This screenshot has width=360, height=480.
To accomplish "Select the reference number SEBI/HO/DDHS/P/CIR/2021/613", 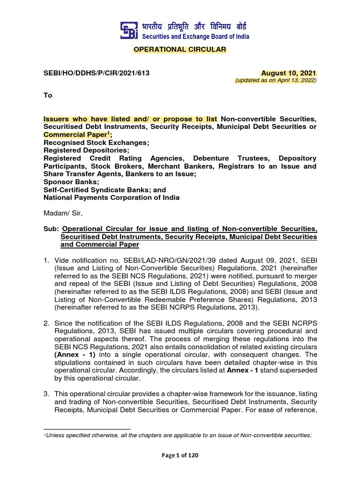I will click(97, 73).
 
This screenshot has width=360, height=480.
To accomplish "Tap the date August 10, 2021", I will click(289, 73).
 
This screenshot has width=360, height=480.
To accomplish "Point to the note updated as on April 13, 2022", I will click(276, 81).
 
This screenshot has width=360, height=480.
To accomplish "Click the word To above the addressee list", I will click(48, 95).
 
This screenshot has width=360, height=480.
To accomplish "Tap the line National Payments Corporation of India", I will click(112, 197).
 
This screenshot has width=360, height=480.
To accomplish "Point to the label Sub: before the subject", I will click(51, 229).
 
